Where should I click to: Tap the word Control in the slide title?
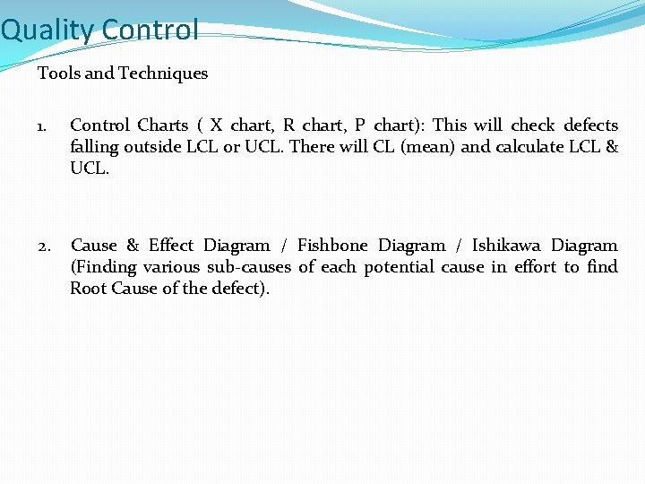click(x=150, y=30)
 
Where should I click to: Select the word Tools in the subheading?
click(x=57, y=73)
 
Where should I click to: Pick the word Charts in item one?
click(x=162, y=125)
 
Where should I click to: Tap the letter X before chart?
click(x=216, y=125)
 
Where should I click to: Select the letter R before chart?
click(x=289, y=125)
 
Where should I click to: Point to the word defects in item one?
click(x=591, y=125)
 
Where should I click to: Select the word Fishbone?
click(x=332, y=246)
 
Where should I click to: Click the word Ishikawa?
click(x=506, y=246)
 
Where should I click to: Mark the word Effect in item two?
click(x=171, y=246)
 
